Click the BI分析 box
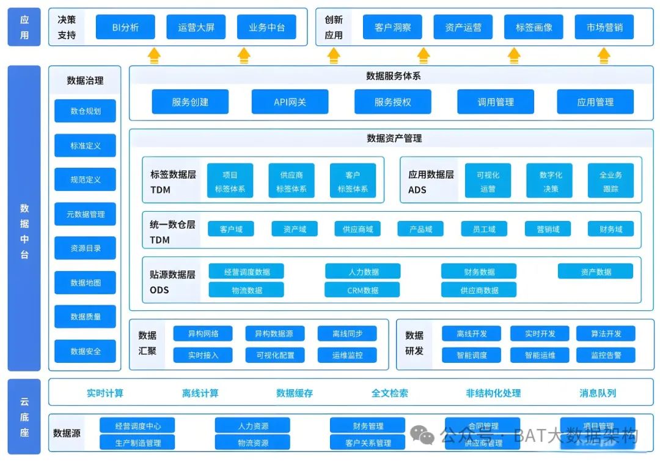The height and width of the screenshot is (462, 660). [x=126, y=28]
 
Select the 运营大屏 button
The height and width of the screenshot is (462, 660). [x=196, y=28]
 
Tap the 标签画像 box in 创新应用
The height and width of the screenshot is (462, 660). [x=533, y=28]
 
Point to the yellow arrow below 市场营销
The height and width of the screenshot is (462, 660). [x=604, y=56]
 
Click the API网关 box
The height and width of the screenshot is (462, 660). [x=290, y=102]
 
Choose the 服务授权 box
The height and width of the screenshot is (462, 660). [x=392, y=102]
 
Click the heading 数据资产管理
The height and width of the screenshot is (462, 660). [x=394, y=138]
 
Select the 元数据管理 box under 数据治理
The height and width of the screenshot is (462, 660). [x=85, y=214]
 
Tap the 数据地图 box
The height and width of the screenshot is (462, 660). [x=85, y=283]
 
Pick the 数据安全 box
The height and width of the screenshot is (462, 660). [x=85, y=351]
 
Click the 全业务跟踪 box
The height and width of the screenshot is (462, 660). [x=610, y=182]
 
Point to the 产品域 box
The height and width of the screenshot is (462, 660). [x=420, y=229]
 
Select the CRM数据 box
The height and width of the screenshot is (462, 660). [x=362, y=290]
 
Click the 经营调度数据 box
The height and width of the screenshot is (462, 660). [x=246, y=272]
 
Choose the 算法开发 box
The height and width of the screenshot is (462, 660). [x=606, y=333]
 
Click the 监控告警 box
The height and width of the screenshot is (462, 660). [x=606, y=355]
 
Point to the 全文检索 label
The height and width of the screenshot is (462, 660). [x=390, y=393]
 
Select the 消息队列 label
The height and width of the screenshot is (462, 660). [x=598, y=393]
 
